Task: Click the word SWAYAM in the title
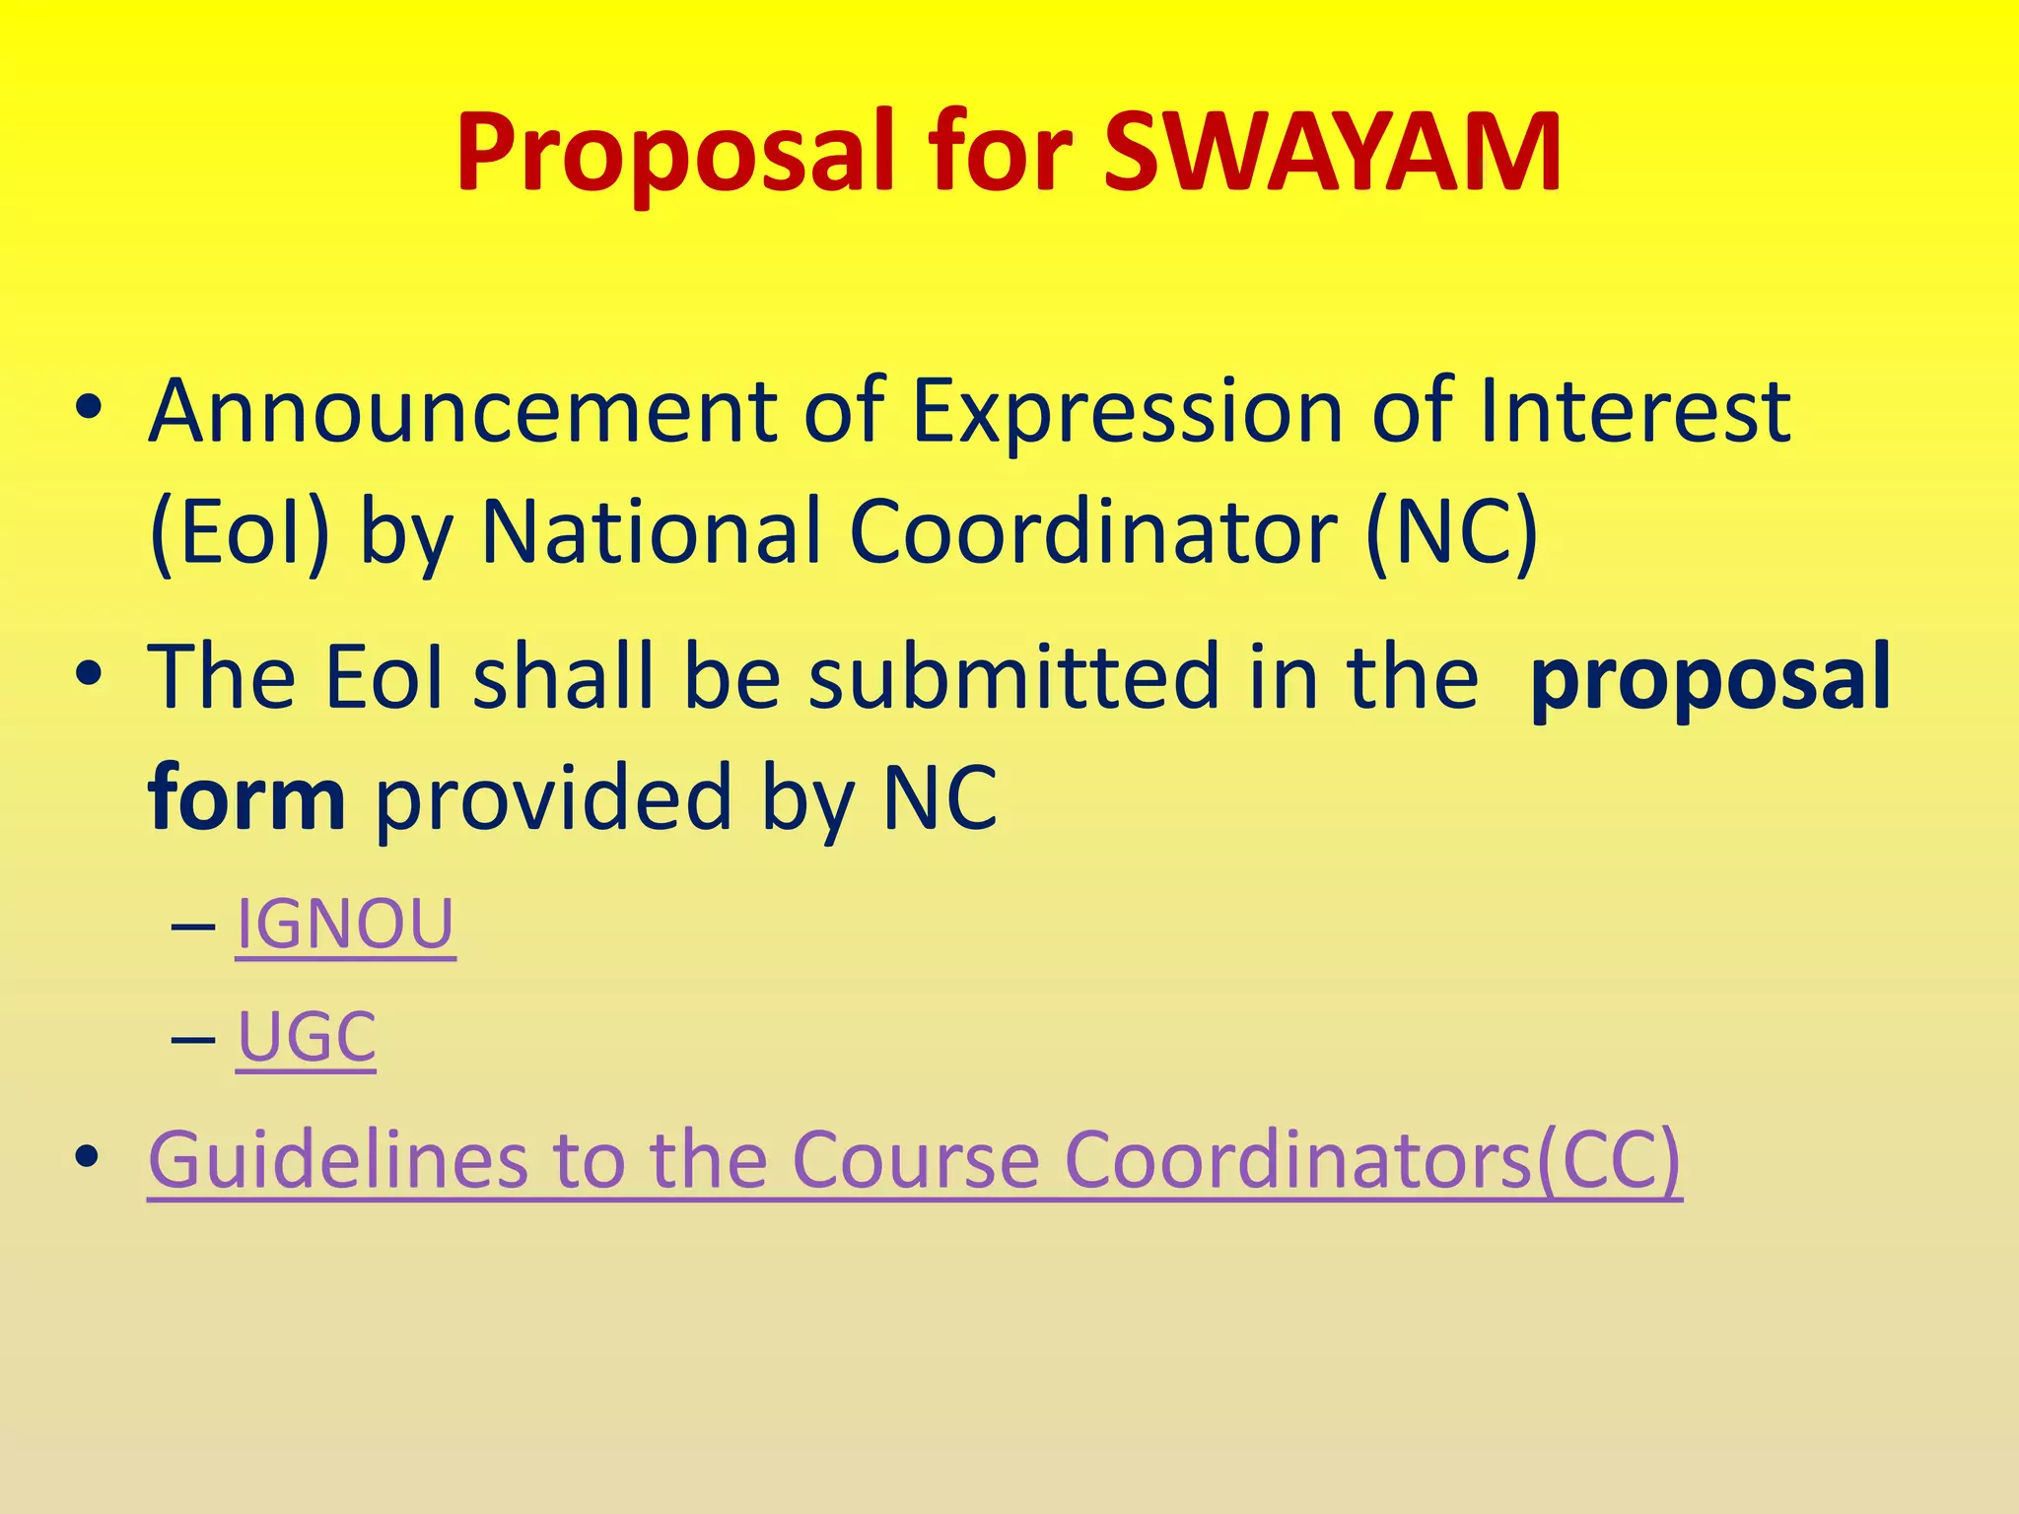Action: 1332,154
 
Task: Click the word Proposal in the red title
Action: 675,154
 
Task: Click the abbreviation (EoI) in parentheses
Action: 240,532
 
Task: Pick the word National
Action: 651,532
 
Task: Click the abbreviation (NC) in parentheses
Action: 1452,532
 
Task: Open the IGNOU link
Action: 345,925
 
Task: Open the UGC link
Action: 307,1037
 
